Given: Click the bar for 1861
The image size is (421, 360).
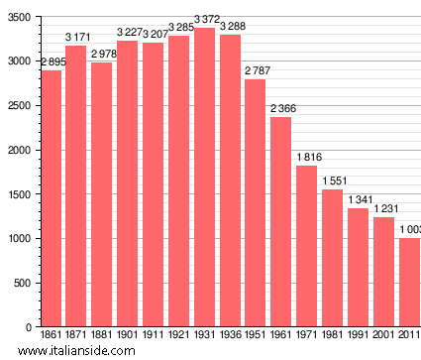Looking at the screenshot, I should click(x=51, y=198).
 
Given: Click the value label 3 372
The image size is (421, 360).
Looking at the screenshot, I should click(x=205, y=19).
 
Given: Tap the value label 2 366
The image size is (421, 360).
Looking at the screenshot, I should click(x=281, y=108).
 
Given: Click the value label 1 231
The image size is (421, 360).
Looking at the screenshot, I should click(x=384, y=208).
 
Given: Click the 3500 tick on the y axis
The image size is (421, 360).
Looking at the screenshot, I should click(x=18, y=17).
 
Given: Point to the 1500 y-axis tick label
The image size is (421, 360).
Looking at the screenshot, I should click(x=18, y=194).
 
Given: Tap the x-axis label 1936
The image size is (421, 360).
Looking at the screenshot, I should click(x=230, y=335).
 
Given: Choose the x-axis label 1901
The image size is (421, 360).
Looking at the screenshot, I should click(x=128, y=335).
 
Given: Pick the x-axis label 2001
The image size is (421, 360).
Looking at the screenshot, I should click(x=383, y=335).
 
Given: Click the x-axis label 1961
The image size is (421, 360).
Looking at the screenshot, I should click(x=281, y=335).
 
